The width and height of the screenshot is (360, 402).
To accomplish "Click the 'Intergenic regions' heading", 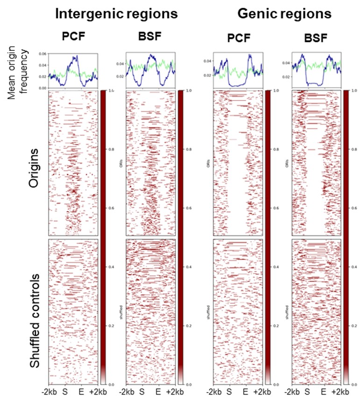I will point(116,14).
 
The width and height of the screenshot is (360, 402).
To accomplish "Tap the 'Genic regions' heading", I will point(284,14).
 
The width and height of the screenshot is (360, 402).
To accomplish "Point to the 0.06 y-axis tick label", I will point(42,54).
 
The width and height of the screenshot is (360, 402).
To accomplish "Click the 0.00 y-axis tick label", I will point(42,88).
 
